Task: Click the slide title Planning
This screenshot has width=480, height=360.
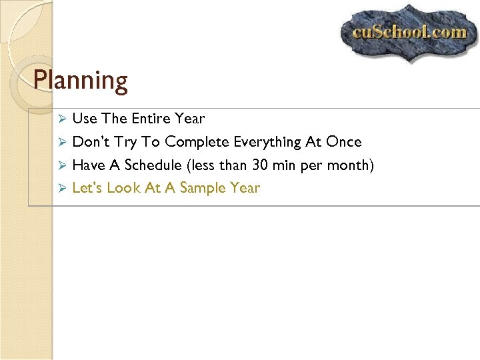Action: click(x=81, y=81)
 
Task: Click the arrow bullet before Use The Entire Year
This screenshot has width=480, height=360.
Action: click(x=61, y=119)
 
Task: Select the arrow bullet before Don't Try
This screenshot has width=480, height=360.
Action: click(x=61, y=142)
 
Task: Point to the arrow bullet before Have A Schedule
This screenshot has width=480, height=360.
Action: click(x=61, y=165)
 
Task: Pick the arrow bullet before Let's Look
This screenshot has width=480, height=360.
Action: click(x=61, y=188)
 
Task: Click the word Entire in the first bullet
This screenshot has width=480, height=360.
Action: click(x=151, y=119)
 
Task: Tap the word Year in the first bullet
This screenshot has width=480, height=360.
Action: click(x=190, y=119)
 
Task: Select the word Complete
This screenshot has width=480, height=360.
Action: click(x=197, y=142)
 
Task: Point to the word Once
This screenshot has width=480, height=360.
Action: click(x=344, y=142)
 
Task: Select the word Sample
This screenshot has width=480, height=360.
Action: click(x=203, y=188)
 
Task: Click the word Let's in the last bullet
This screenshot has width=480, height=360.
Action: click(x=87, y=188)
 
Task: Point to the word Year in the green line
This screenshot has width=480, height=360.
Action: click(x=245, y=188)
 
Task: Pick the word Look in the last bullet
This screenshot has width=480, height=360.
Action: click(x=124, y=188)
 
